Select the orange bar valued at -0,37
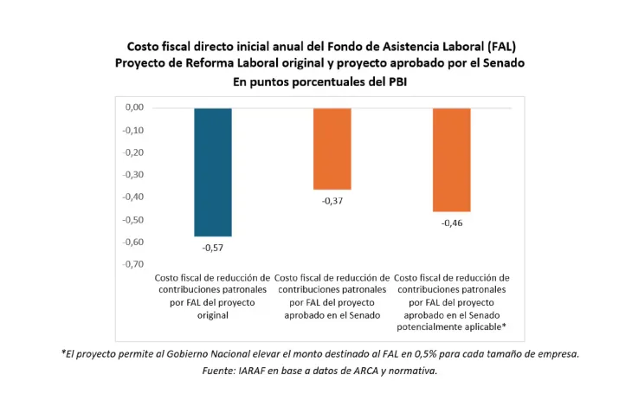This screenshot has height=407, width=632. point(332,148)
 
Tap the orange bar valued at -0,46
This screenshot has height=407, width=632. point(451,159)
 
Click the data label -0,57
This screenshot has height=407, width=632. point(212,248)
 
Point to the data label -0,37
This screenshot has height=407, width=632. point(332,201)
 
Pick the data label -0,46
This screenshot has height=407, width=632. point(451,223)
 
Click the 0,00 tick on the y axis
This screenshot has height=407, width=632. point(134,108)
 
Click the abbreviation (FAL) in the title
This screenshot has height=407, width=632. point(502,45)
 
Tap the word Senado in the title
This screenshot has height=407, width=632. point(503,63)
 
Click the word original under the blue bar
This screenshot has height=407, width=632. point(212,315)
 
